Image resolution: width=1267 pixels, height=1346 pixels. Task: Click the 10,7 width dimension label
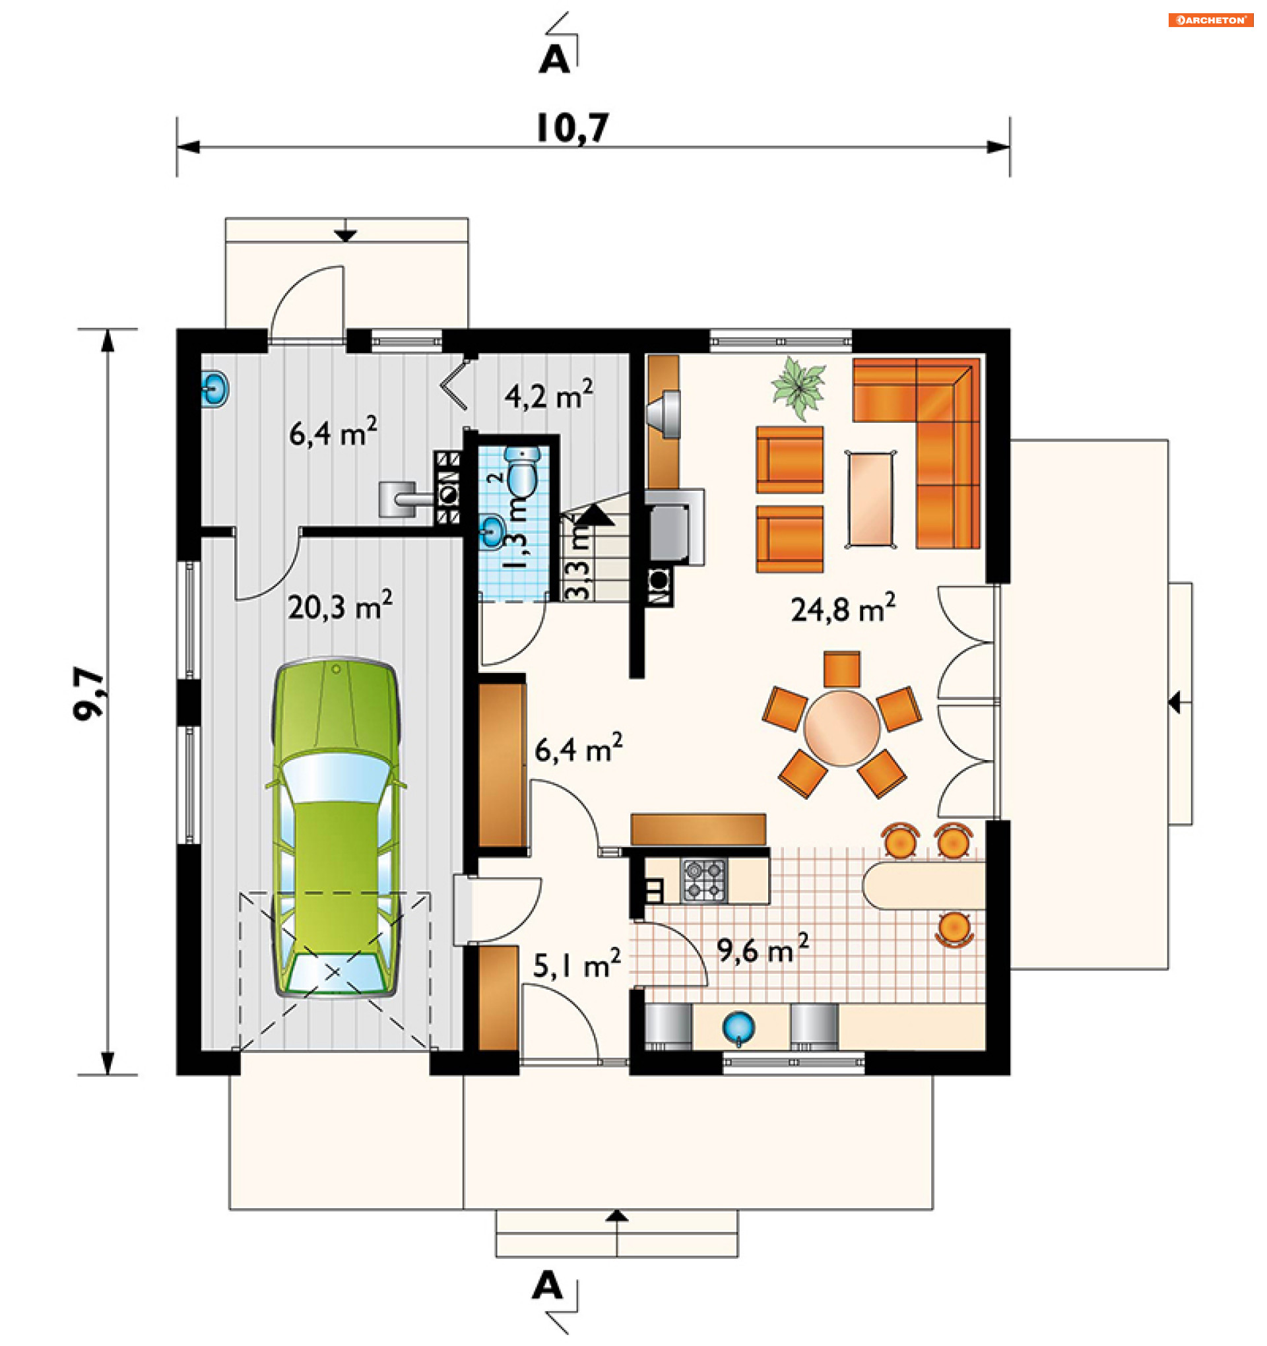click(572, 128)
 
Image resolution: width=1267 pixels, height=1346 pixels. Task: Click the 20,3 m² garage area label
click(339, 606)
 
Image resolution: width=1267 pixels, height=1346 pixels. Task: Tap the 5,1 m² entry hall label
click(576, 964)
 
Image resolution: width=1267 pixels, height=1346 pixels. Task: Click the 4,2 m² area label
click(548, 395)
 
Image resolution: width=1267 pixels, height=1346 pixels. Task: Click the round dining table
click(842, 728)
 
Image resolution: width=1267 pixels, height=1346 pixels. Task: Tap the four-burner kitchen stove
click(704, 881)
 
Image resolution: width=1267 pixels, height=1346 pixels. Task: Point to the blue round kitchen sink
click(738, 1027)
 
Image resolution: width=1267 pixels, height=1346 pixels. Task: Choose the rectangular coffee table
click(870, 499)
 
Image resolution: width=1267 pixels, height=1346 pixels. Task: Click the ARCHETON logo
click(1211, 20)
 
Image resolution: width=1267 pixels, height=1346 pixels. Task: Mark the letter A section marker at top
click(554, 60)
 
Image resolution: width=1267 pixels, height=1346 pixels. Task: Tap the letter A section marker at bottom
click(547, 1285)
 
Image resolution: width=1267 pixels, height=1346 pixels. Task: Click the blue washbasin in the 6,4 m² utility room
click(214, 389)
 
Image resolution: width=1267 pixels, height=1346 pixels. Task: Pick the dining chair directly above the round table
click(842, 670)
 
